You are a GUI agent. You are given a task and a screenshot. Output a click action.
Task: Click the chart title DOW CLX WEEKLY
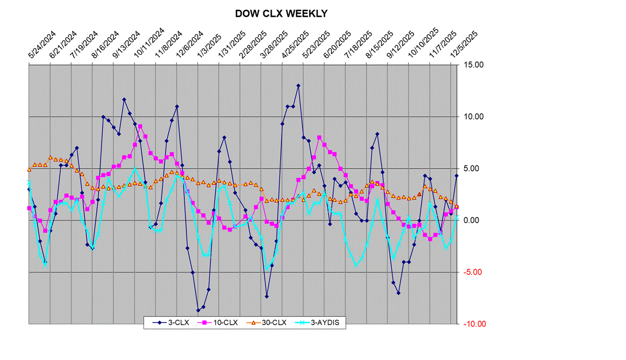pyautogui.click(x=281, y=14)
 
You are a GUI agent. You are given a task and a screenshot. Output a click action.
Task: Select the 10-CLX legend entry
pyautogui.click(x=222, y=322)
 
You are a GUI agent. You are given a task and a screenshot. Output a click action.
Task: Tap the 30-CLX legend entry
pyautogui.click(x=272, y=322)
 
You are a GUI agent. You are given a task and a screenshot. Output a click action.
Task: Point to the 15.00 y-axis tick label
pyautogui.click(x=473, y=65)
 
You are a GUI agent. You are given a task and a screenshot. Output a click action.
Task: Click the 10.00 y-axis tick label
pyautogui.click(x=473, y=117)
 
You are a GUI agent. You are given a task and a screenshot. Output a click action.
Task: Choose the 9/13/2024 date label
pyautogui.click(x=122, y=46)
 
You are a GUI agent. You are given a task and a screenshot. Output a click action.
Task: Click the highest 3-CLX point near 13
pyautogui.click(x=298, y=85)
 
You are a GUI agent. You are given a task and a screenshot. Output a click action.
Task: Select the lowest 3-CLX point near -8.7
pyautogui.click(x=198, y=311)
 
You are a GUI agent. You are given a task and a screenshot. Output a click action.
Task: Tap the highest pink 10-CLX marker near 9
pyautogui.click(x=140, y=126)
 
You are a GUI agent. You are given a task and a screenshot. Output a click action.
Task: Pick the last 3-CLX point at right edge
pyautogui.click(x=456, y=175)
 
